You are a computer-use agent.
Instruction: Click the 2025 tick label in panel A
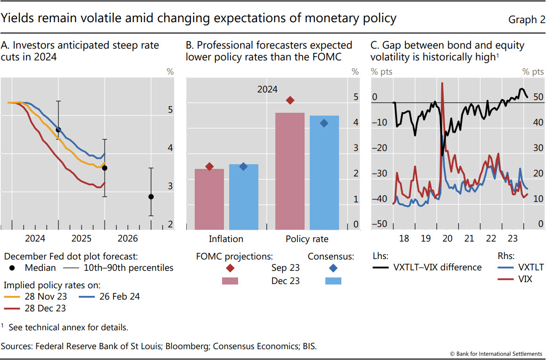coord(82,238)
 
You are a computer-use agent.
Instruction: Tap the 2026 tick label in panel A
coord(127,238)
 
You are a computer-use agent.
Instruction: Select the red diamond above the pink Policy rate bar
coord(290,100)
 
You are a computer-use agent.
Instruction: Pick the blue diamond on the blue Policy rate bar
coord(324,123)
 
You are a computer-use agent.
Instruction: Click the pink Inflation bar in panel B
coord(209,199)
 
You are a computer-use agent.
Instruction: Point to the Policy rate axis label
coord(307,239)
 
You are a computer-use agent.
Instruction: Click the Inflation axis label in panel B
coord(227,239)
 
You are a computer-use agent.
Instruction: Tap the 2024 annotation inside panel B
coord(267,89)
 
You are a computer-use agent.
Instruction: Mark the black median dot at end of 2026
coord(151,197)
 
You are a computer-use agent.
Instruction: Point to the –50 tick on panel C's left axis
coord(379,224)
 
